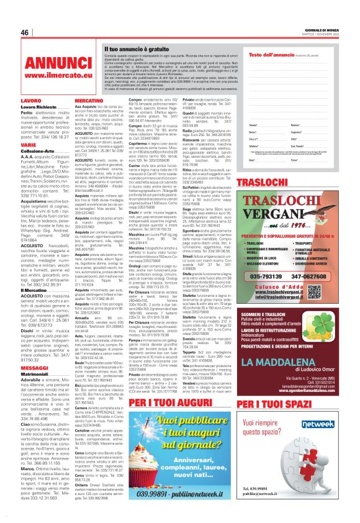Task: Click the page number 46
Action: pyautogui.click(x=25, y=32)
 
